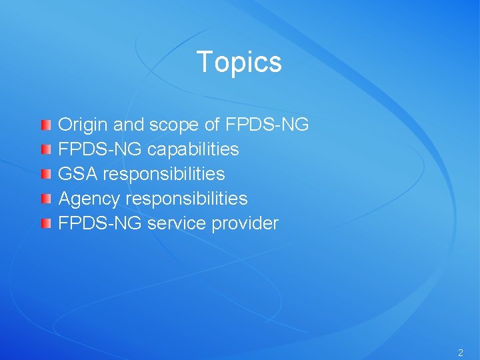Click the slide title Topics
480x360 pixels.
[x=239, y=62]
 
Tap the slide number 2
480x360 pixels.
[x=460, y=352]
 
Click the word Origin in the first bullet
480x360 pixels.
[x=84, y=125]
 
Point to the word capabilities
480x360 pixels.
[x=193, y=149]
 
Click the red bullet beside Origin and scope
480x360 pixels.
[x=45, y=125]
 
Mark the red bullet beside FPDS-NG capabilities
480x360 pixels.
[x=45, y=149]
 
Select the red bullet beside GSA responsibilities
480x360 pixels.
[x=45, y=174]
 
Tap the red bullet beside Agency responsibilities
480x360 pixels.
[x=45, y=199]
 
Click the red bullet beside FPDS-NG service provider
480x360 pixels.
[x=45, y=223]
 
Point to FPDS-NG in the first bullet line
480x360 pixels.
[x=267, y=125]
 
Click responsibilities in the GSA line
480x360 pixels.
[x=164, y=174]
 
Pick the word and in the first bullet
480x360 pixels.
[x=128, y=125]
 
